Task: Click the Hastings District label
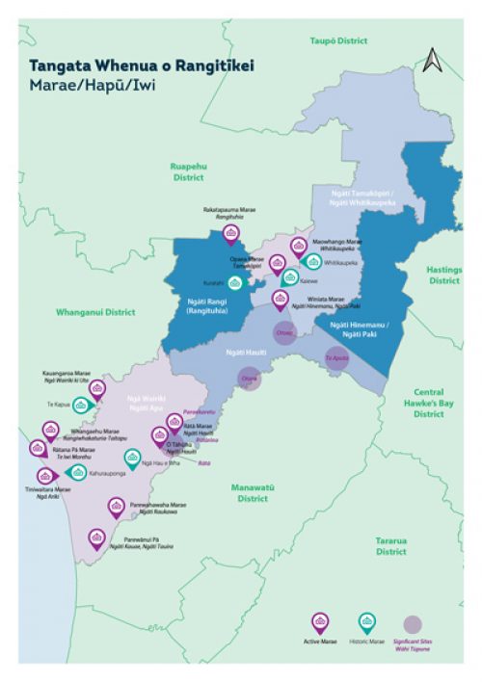pos(444,275)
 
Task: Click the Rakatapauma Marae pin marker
pos(230,233)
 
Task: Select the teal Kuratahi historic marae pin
pos(235,282)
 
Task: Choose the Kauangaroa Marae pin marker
pos(96,388)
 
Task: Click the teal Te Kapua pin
pos(81,406)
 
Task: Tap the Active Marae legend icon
pos(317,622)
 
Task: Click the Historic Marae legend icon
pos(366,622)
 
